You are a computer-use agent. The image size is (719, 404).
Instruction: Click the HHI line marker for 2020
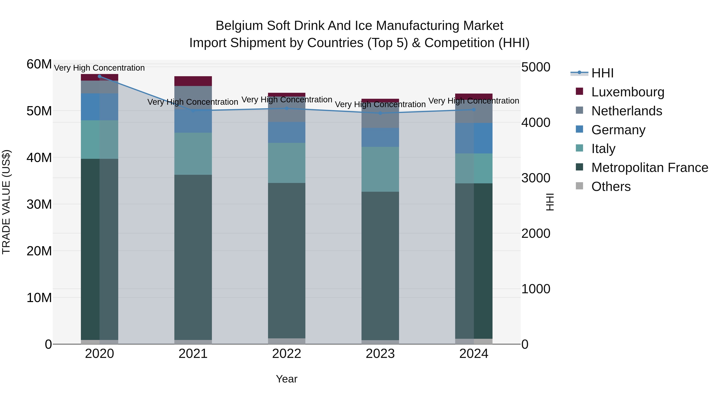(99, 76)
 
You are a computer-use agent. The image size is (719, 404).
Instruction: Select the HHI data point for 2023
(380, 113)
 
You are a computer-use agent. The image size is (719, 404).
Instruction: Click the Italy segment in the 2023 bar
(380, 169)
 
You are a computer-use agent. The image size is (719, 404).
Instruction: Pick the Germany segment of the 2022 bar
(286, 132)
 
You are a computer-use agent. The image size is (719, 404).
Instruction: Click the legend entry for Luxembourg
(628, 92)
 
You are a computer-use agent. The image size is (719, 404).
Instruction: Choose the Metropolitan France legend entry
(649, 168)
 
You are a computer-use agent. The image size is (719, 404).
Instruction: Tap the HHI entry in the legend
(602, 73)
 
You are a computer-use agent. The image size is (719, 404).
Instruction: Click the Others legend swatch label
(611, 187)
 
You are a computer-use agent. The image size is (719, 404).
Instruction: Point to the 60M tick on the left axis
(39, 64)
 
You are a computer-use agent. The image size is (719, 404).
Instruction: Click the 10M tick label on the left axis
(39, 298)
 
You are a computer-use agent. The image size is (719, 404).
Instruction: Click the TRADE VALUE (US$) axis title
(6, 202)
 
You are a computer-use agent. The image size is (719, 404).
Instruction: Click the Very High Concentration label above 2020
(99, 68)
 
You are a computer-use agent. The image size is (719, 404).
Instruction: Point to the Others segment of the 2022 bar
(286, 341)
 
